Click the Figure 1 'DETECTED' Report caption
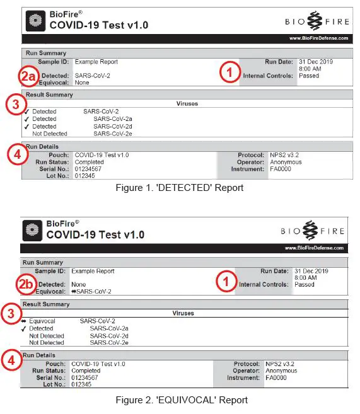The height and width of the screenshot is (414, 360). [180, 188]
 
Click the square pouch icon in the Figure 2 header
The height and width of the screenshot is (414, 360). [33, 231]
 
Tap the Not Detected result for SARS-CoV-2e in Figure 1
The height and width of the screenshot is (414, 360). [49, 134]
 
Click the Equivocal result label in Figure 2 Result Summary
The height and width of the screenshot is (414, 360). [42, 321]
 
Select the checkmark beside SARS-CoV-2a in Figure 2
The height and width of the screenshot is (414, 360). [24, 328]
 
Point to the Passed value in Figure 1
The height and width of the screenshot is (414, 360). [309, 76]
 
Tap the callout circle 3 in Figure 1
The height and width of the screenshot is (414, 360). [15, 105]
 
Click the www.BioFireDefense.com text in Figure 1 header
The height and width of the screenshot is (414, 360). [318, 38]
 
